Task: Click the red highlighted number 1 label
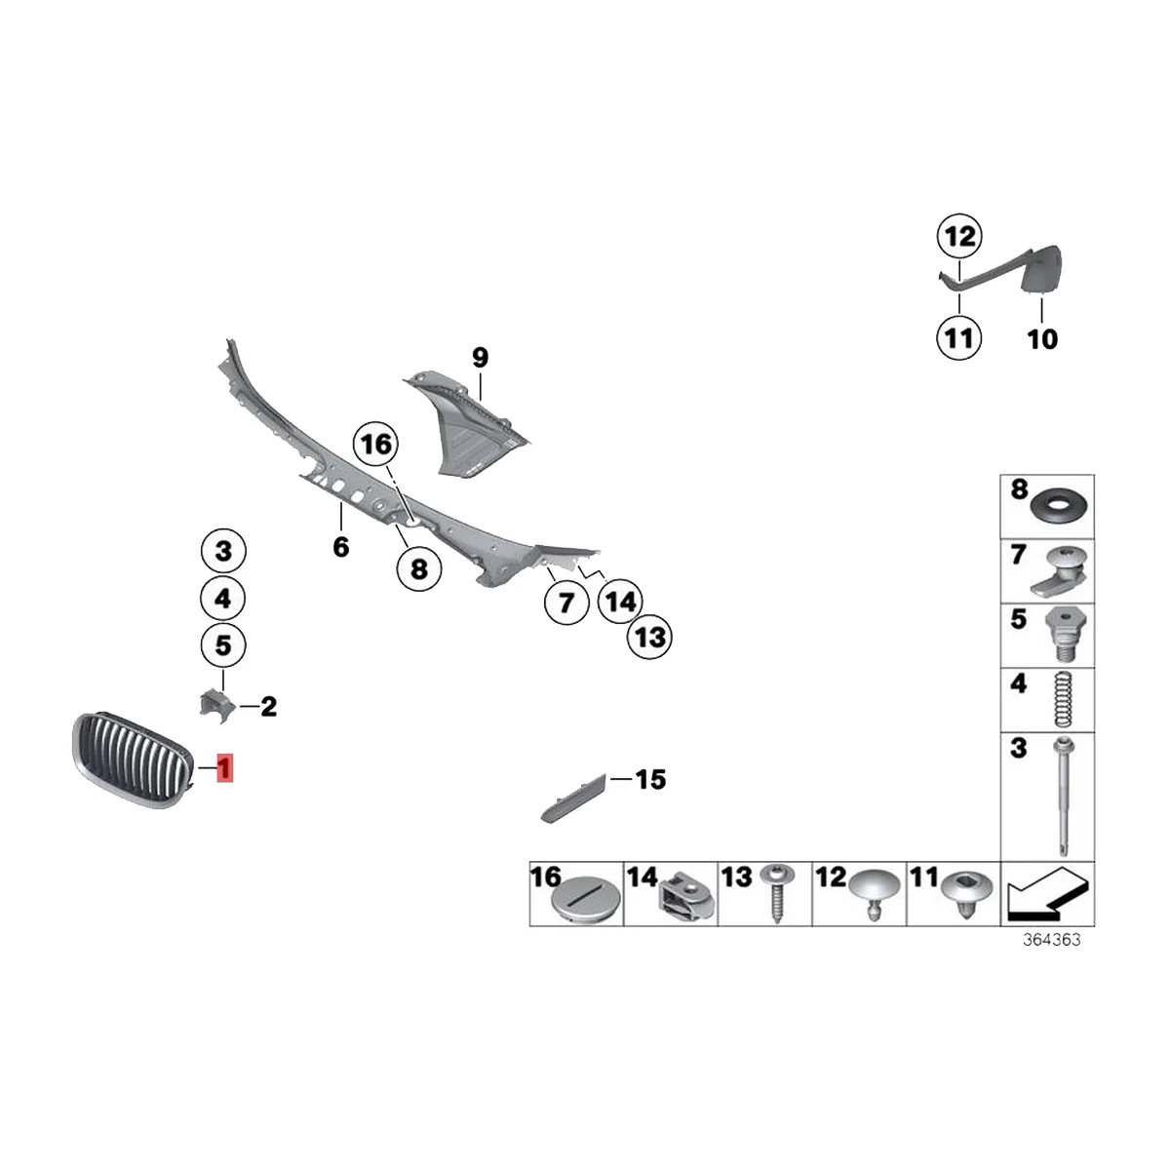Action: (225, 769)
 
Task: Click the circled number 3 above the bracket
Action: (223, 553)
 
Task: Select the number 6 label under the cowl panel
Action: (340, 547)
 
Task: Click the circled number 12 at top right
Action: (959, 236)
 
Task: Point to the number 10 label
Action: (1042, 339)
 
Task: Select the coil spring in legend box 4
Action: (1064, 702)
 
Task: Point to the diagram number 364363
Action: (1052, 941)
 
